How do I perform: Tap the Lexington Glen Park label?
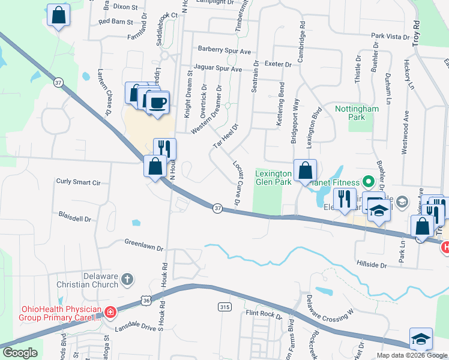274,177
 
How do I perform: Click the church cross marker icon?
127,279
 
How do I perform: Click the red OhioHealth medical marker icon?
110,312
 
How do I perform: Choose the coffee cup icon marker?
158,103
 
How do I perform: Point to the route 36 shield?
147,299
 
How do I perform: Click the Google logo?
20,353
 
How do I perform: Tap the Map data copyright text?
411,355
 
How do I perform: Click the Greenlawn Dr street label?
144,244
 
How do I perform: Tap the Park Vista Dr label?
390,37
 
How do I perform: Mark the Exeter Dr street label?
277,64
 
